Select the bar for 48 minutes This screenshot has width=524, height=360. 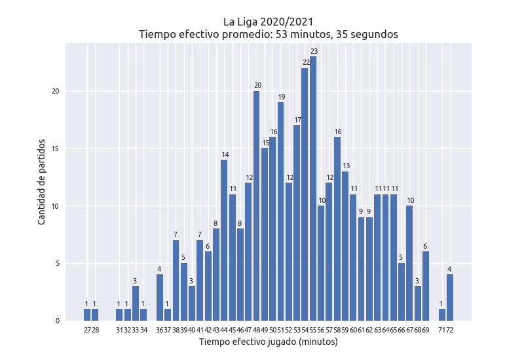point(257,206)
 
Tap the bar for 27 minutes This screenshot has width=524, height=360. point(87,315)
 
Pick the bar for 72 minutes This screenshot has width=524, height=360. point(450,298)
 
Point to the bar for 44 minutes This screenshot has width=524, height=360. point(224,240)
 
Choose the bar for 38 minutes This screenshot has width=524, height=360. point(176,281)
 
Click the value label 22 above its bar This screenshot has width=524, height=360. point(306,63)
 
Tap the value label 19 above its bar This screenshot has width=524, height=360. point(281,97)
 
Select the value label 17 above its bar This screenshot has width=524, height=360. point(297,120)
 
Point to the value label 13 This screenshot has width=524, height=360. point(346,166)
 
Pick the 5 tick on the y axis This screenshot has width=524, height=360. point(58,264)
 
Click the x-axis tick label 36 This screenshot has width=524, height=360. point(160,330)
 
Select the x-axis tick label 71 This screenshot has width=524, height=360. point(442,330)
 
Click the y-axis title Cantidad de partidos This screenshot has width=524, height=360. point(42,181)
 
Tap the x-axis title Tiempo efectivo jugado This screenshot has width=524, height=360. point(269,342)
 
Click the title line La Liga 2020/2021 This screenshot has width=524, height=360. point(269,21)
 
